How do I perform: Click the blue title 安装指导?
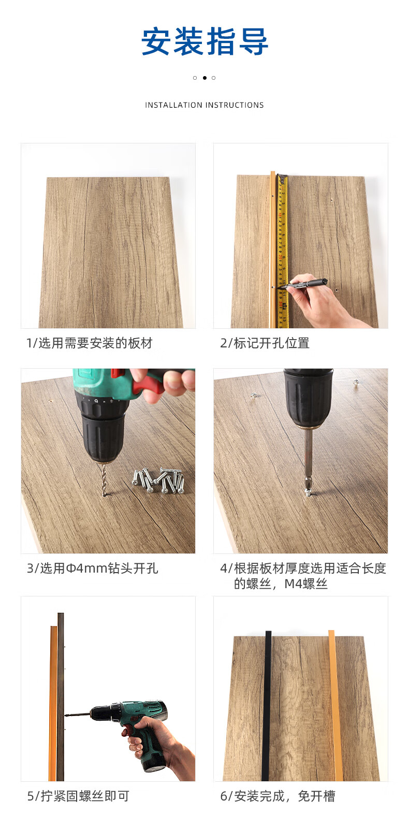(x=204, y=41)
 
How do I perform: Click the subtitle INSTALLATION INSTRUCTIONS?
(x=204, y=105)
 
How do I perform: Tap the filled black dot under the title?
(x=204, y=78)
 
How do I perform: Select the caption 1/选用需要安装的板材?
(x=90, y=343)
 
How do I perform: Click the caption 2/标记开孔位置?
(x=265, y=343)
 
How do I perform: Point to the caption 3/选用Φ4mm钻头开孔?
(x=92, y=568)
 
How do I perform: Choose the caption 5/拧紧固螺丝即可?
(x=78, y=796)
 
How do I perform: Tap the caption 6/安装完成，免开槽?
(x=277, y=796)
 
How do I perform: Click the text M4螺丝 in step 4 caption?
(x=306, y=584)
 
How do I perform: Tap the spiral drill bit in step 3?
(x=105, y=479)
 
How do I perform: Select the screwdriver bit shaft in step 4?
(x=309, y=456)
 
